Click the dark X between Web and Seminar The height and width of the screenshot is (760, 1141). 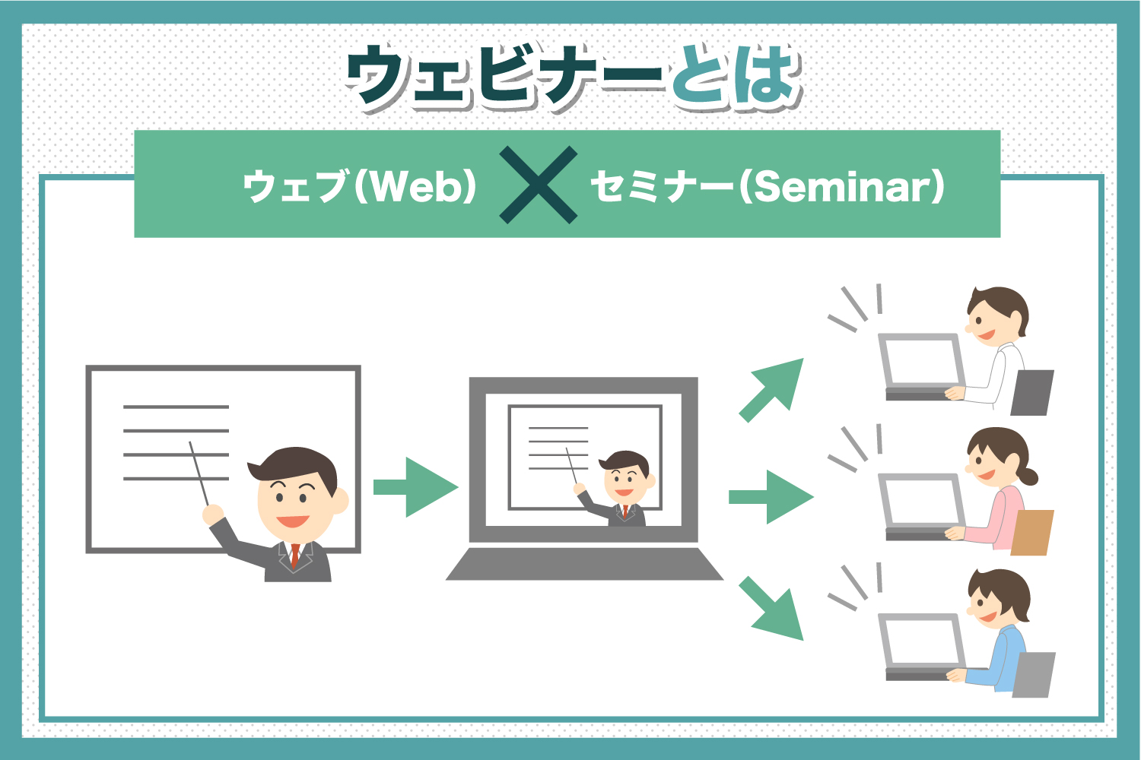(x=538, y=185)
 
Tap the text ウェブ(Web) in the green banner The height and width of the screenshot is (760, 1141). (x=359, y=186)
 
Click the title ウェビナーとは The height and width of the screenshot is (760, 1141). (x=572, y=77)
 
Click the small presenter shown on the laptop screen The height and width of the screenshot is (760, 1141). (x=624, y=486)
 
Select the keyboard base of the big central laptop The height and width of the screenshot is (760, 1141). (x=584, y=564)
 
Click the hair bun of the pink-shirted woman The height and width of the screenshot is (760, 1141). (x=1028, y=477)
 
